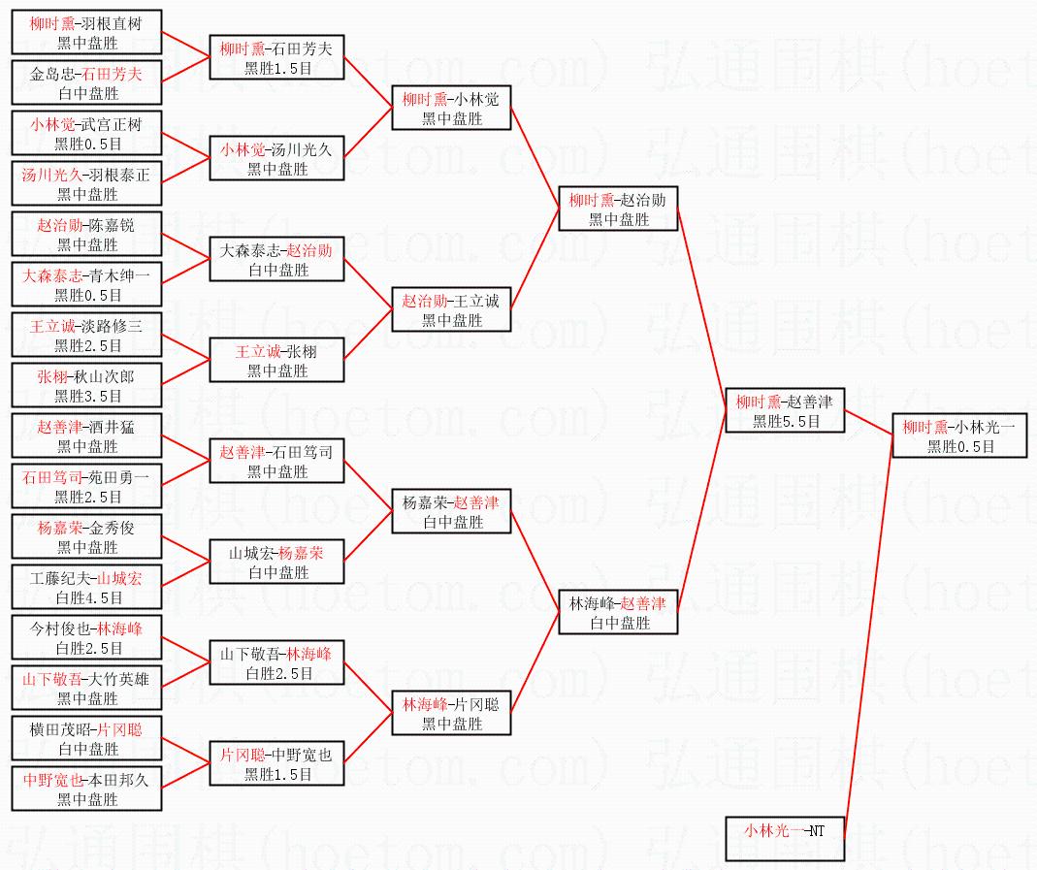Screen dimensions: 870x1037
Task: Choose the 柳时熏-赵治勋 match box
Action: click(x=618, y=209)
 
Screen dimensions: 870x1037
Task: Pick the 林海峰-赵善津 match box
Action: click(x=618, y=612)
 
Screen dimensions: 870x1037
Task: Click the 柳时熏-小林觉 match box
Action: click(x=451, y=108)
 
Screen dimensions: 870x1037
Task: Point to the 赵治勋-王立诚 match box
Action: click(x=451, y=309)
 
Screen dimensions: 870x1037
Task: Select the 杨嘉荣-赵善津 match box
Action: click(x=451, y=511)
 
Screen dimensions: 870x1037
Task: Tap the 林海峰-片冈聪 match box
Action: click(x=451, y=713)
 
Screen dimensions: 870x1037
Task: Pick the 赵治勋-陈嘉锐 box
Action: click(x=86, y=234)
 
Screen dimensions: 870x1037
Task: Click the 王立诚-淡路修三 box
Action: click(x=86, y=335)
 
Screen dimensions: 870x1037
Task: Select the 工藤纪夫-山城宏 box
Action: click(x=86, y=587)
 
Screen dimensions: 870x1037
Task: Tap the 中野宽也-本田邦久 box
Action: click(x=86, y=789)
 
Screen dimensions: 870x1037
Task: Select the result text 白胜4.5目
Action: click(x=86, y=598)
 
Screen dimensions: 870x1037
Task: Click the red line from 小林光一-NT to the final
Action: click(x=868, y=630)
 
